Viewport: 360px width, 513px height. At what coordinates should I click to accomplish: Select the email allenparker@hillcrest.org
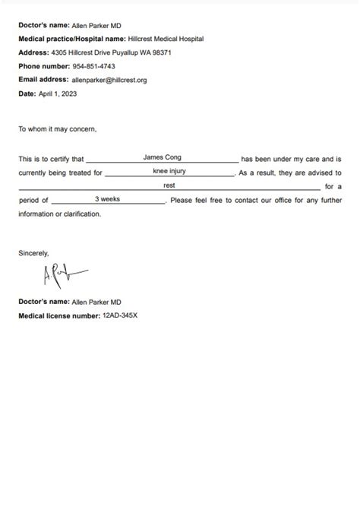pyautogui.click(x=109, y=80)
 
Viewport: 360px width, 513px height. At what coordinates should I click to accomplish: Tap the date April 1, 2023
pyautogui.click(x=58, y=93)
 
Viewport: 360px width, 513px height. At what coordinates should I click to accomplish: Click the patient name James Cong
pyautogui.click(x=163, y=157)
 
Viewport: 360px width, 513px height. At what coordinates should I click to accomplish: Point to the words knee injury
pyautogui.click(x=169, y=171)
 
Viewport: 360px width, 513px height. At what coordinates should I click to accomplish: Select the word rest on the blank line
pyautogui.click(x=169, y=185)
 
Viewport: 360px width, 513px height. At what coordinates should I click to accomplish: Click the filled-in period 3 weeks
pyautogui.click(x=107, y=198)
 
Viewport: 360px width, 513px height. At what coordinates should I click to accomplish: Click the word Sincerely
pyautogui.click(x=33, y=253)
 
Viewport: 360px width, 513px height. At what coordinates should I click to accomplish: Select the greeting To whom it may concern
pyautogui.click(x=58, y=128)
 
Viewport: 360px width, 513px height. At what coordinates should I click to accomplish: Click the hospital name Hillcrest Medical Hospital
pyautogui.click(x=166, y=38)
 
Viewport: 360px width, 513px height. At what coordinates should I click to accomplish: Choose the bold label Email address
pyautogui.click(x=43, y=80)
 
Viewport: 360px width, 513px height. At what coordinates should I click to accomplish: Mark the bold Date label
pyautogui.click(x=27, y=93)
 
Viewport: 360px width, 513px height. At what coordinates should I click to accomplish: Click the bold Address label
pyautogui.click(x=33, y=52)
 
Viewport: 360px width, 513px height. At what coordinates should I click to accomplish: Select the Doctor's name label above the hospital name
pyautogui.click(x=43, y=24)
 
